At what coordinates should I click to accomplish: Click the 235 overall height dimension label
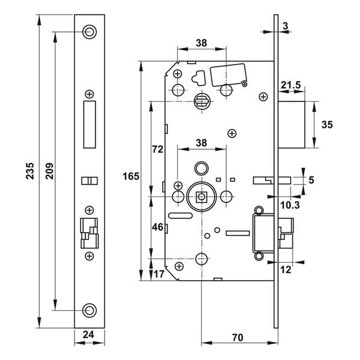30,171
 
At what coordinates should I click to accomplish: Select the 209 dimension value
50,171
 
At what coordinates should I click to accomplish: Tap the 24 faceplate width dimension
88,335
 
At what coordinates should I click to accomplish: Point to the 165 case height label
131,176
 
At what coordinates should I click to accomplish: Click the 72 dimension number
157,149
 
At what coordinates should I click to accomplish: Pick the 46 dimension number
157,227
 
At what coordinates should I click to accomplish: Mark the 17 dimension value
159,274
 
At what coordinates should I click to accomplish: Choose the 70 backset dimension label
237,338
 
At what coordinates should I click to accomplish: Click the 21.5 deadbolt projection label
291,85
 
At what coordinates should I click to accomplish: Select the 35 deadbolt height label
327,124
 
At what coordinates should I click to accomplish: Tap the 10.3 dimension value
290,205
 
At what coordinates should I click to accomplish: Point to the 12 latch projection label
286,269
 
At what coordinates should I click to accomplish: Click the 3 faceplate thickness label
285,26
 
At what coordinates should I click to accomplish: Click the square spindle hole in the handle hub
201,197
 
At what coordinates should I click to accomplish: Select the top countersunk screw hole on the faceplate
90,32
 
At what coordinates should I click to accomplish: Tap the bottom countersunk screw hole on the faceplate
90,310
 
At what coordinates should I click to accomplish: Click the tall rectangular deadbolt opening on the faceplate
90,124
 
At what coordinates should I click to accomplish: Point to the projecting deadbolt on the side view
291,124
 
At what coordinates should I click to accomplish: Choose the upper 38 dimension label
201,43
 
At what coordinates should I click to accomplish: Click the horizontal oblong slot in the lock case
180,216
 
